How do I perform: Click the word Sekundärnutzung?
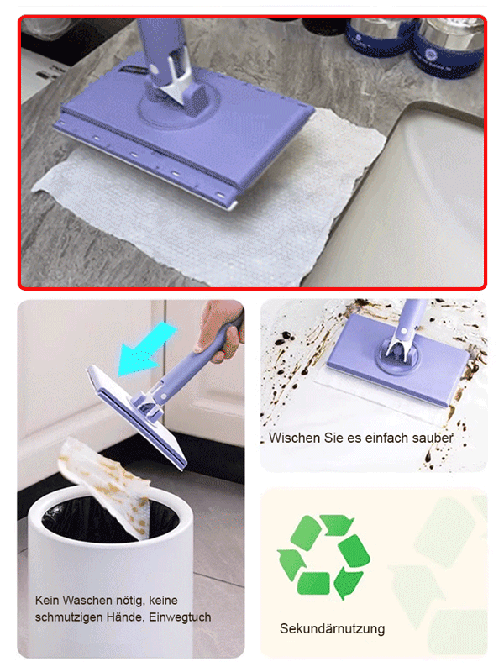click(x=332, y=628)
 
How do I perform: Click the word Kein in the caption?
click(x=48, y=601)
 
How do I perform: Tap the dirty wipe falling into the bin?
click(x=105, y=487)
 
